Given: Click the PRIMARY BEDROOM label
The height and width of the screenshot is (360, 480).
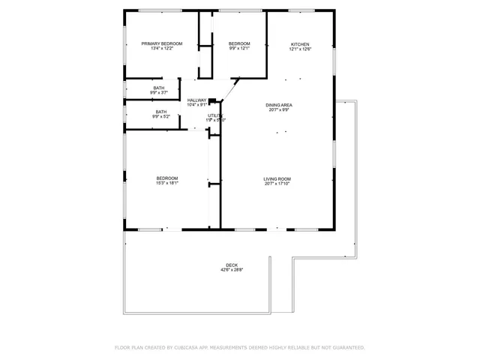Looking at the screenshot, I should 163,44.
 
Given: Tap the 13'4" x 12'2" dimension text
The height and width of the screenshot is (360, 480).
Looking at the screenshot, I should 163,49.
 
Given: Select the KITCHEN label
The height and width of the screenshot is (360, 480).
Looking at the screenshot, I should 300,44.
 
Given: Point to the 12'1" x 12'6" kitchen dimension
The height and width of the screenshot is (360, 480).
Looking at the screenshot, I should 300,49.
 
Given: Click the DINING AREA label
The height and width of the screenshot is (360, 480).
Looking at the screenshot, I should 278,104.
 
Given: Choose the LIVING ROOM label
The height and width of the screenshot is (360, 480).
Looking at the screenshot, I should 277,178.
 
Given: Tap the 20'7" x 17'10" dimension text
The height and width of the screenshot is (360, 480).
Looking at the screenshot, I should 277,184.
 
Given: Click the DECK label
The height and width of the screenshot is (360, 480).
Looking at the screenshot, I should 232,265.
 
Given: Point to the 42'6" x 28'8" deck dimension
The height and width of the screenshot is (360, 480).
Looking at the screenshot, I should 232,270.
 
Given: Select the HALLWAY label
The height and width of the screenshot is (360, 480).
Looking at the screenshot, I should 196,100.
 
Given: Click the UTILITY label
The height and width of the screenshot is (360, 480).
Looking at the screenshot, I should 215,115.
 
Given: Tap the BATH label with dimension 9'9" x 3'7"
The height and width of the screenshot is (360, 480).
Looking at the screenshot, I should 159,88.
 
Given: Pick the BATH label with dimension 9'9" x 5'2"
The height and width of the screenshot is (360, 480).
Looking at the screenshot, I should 161,112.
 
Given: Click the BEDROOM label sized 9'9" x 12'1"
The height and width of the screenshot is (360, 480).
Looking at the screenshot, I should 238,44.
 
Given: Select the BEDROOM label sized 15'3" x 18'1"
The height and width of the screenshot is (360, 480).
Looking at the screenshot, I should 166,178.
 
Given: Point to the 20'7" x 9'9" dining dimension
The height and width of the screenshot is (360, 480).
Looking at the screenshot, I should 278,109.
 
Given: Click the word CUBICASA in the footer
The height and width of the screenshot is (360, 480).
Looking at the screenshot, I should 191,347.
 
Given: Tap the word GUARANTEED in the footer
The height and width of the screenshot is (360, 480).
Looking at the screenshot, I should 346,347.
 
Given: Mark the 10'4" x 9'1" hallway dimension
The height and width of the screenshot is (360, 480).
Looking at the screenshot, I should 196,105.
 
